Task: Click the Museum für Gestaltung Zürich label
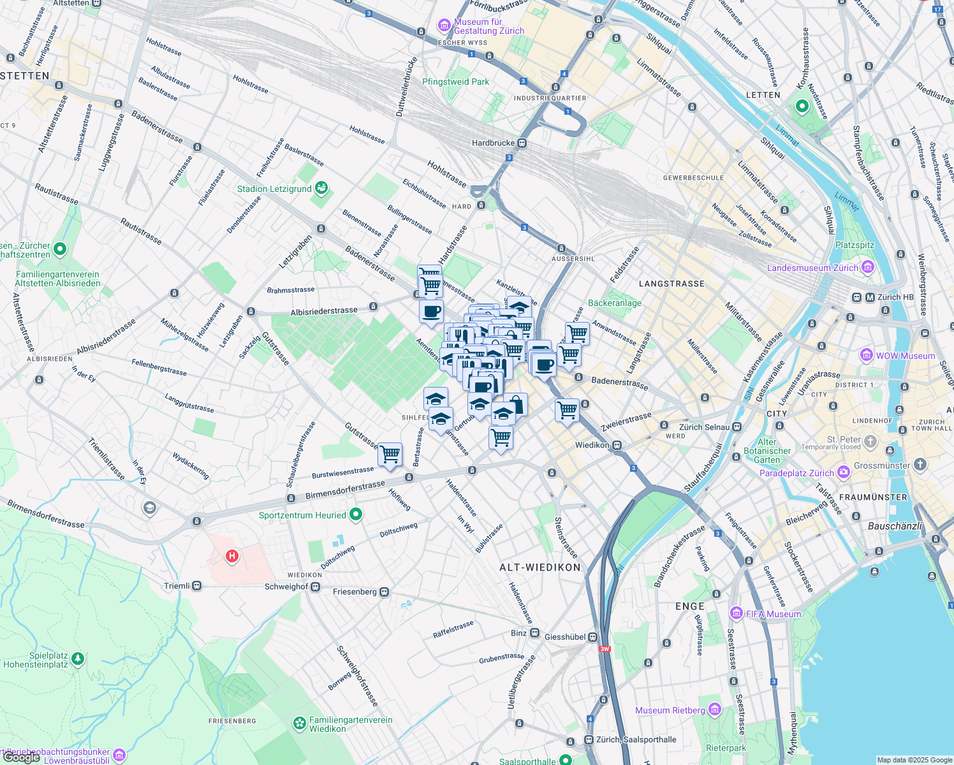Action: [488, 26]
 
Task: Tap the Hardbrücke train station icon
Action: [522, 143]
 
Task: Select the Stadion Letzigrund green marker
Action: [322, 188]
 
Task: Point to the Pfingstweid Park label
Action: [455, 82]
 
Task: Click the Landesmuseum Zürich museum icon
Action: [868, 267]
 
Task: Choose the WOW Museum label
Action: [905, 356]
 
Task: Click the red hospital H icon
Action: [232, 556]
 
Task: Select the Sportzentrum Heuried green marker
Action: [356, 514]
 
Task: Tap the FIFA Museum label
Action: [773, 614]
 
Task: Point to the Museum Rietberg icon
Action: [715, 710]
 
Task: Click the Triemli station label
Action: [177, 586]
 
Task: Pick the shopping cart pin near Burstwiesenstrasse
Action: [390, 455]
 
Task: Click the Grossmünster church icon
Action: [920, 465]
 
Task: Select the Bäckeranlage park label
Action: [615, 303]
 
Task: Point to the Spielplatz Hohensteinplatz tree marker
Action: [78, 658]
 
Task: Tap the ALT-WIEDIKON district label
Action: [540, 567]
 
